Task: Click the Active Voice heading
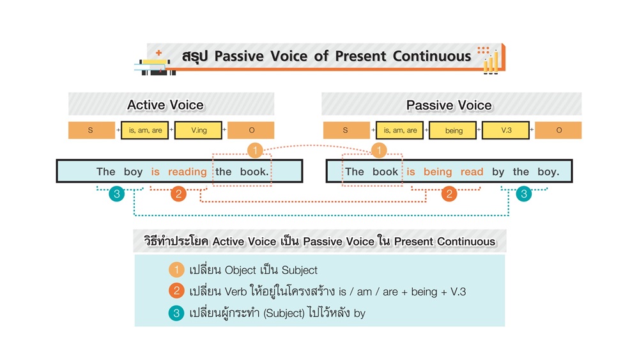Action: (x=165, y=105)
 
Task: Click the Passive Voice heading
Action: (x=449, y=105)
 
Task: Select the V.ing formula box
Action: (x=198, y=130)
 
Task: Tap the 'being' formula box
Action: (x=454, y=130)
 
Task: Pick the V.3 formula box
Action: (x=506, y=130)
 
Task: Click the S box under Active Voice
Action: (x=91, y=130)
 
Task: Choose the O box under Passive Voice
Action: (x=558, y=130)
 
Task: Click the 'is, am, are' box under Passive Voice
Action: (x=400, y=130)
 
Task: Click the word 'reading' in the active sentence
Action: (x=187, y=172)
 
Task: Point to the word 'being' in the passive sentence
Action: (x=438, y=172)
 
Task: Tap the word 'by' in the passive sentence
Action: (x=498, y=172)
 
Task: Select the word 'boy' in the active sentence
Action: (x=134, y=172)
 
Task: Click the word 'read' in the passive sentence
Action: (x=472, y=172)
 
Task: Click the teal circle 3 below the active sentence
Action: (x=116, y=194)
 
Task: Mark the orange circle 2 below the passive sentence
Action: (x=449, y=194)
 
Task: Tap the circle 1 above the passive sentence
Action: (x=379, y=151)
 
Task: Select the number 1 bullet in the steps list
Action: (x=176, y=270)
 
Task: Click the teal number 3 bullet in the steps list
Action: (x=176, y=313)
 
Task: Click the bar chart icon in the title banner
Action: (x=491, y=61)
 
